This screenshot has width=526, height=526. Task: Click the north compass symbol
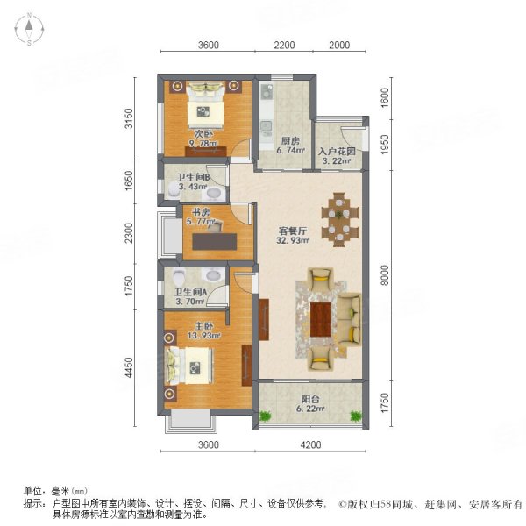coord(29,30)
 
